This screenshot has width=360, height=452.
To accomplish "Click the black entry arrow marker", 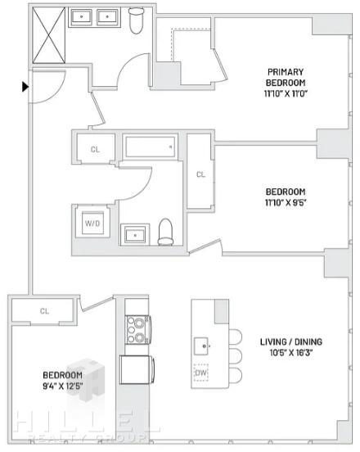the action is (25, 87).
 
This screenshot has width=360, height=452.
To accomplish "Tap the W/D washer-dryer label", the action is (92, 224).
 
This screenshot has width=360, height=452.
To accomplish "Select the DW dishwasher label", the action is (200, 373).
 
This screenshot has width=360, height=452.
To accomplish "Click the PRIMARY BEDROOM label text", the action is (285, 77).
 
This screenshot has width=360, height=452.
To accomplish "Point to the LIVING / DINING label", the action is (291, 342).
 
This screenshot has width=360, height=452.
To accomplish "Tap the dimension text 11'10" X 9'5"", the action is (286, 202).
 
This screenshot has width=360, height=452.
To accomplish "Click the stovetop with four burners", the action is (138, 330).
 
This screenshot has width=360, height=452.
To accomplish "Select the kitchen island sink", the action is (201, 346).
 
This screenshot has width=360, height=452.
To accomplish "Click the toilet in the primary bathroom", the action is (136, 20).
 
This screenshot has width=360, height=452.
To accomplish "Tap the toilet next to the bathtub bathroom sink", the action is (165, 232).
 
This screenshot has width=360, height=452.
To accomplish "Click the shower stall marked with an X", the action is (48, 35).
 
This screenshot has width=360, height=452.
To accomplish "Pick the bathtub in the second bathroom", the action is (151, 147).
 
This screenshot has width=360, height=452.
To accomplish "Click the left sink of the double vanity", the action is (82, 17).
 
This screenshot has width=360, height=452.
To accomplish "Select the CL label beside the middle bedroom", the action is (200, 174).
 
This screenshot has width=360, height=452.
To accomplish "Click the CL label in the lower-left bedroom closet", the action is (44, 311).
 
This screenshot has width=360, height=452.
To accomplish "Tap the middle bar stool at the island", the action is (236, 356).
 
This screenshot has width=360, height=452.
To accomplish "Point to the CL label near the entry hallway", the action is (96, 149).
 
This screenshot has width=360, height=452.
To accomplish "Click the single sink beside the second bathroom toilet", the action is (135, 235).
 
